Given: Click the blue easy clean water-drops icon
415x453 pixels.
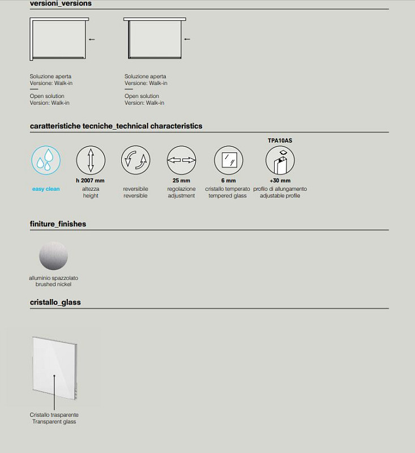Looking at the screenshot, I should pyautogui.click(x=46, y=160).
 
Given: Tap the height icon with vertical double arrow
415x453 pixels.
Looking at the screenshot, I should pyautogui.click(x=91, y=160).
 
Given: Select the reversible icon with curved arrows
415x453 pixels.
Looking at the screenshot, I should pyautogui.click(x=135, y=160).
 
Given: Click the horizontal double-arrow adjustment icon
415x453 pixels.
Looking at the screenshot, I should pyautogui.click(x=181, y=160).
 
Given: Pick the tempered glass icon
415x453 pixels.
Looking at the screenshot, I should pyautogui.click(x=229, y=160).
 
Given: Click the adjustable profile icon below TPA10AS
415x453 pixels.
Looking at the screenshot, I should pyautogui.click(x=280, y=161).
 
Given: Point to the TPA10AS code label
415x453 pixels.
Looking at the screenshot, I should pyautogui.click(x=280, y=140).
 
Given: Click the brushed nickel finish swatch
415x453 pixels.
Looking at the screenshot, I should pyautogui.click(x=53, y=256).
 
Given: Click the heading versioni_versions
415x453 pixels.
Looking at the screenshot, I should pyautogui.click(x=61, y=3).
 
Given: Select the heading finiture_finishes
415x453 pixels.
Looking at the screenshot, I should pyautogui.click(x=58, y=224).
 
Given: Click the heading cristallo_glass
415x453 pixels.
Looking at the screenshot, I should pyautogui.click(x=55, y=302).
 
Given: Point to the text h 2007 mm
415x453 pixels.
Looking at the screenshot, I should pyautogui.click(x=91, y=181).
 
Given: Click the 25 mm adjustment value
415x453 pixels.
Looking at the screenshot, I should pyautogui.click(x=181, y=181).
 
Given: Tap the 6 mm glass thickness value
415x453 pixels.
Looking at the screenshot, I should pyautogui.click(x=229, y=181).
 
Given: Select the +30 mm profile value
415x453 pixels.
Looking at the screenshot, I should pyautogui.click(x=280, y=181).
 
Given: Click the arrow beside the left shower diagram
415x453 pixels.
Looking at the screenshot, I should pyautogui.click(x=92, y=40).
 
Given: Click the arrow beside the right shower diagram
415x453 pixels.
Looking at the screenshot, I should pyautogui.click(x=187, y=40).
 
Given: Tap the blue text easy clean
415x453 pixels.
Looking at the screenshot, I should pyautogui.click(x=46, y=189).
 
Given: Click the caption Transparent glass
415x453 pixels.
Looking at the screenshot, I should pyautogui.click(x=54, y=422).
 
